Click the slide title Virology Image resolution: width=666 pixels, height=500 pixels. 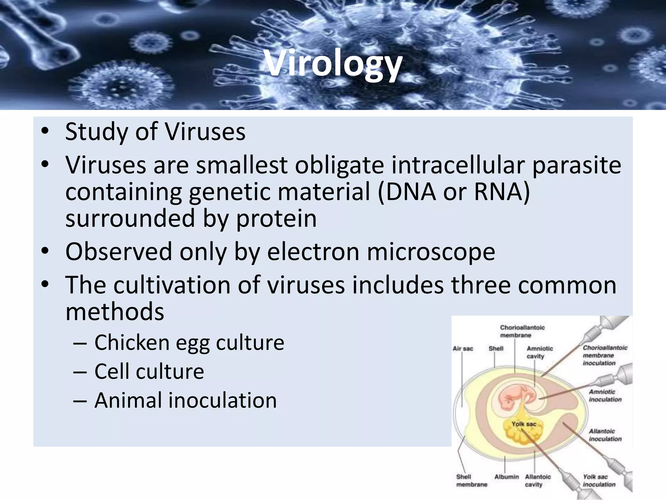tap(333, 63)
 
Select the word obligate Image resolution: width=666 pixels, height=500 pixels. tap(340, 165)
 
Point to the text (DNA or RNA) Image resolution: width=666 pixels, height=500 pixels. tap(454, 192)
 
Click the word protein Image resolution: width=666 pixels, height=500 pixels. tap(276, 219)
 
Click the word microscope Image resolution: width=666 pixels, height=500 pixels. tap(431, 253)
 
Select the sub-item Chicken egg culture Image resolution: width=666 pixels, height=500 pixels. tap(189, 343)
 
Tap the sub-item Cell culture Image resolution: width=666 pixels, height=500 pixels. tap(149, 371)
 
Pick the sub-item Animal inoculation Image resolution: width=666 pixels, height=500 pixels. tap(185, 400)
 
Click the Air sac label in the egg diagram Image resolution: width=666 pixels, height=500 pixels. tap(463, 349)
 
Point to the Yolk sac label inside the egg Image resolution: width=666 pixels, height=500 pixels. tap(524, 424)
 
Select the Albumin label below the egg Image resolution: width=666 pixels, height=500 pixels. tap(506, 477)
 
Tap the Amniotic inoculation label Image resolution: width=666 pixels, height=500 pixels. tap(605, 396)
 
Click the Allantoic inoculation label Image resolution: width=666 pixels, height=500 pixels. tap(605, 435)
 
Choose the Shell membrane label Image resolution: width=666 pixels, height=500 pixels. tap(471, 480)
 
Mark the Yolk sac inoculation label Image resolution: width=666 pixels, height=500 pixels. tap(599, 480)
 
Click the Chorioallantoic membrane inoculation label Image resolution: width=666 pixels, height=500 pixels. tap(605, 355)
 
